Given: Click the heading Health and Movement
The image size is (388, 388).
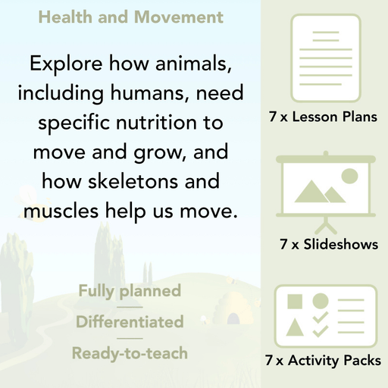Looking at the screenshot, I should tap(130, 17).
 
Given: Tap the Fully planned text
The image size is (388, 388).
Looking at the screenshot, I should tap(130, 290).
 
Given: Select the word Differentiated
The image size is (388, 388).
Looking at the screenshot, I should tap(130, 322).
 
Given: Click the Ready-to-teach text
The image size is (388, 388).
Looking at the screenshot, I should tap(130, 353).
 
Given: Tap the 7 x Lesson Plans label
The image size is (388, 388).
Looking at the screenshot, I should tap(323, 117).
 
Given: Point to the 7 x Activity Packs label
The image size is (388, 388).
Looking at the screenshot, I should tap(323, 361).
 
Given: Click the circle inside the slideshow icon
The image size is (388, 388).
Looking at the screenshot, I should tap(349, 177).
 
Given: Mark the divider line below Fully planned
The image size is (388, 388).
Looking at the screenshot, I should tap(130, 306).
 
